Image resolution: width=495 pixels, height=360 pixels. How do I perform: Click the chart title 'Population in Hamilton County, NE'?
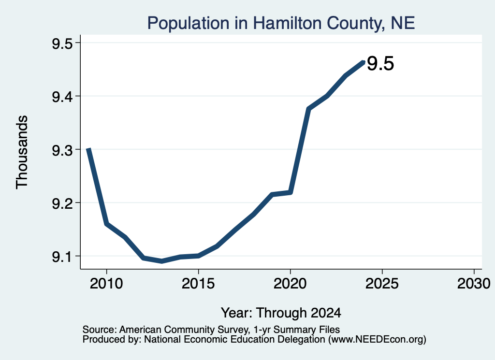pyautogui.click(x=281, y=23)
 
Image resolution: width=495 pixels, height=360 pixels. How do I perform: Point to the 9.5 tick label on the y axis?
pyautogui.click(x=62, y=43)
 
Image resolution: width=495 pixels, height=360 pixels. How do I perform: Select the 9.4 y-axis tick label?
pyautogui.click(x=62, y=97)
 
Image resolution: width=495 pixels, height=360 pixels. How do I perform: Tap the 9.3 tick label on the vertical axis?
pyautogui.click(x=62, y=150)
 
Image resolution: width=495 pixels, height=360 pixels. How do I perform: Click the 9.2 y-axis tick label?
pyautogui.click(x=62, y=203)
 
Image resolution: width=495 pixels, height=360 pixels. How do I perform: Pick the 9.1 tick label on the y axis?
pyautogui.click(x=62, y=257)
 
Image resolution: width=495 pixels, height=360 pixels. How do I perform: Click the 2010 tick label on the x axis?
pyautogui.click(x=106, y=283)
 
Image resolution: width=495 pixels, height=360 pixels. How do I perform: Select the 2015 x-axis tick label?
pyautogui.click(x=198, y=283)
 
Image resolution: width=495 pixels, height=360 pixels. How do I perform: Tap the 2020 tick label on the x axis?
pyautogui.click(x=290, y=283)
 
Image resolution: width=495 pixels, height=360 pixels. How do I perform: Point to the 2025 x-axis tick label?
pyautogui.click(x=382, y=283)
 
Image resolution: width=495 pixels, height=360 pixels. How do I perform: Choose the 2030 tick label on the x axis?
pyautogui.click(x=474, y=283)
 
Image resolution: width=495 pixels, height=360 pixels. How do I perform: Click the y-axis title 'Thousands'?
pyautogui.click(x=22, y=152)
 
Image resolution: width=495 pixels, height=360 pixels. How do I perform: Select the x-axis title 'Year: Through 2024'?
pyautogui.click(x=281, y=313)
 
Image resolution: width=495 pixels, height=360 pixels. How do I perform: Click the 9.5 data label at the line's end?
pyautogui.click(x=380, y=63)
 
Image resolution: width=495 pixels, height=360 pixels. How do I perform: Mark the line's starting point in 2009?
pyautogui.click(x=89, y=149)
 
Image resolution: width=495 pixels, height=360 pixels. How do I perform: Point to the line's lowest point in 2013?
pyautogui.click(x=161, y=261)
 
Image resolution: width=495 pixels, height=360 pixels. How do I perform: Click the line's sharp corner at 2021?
pyautogui.click(x=308, y=109)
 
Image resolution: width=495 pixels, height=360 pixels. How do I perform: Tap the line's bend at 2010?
pyautogui.click(x=107, y=224)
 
